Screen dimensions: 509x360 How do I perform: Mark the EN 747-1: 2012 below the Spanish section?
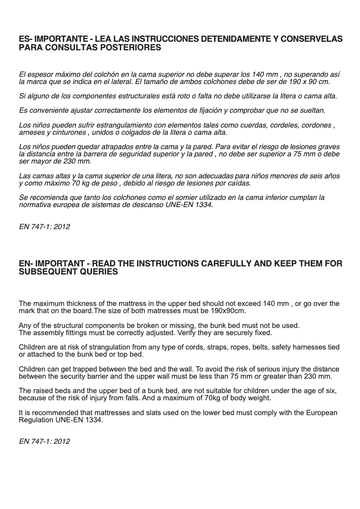click(x=44, y=227)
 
